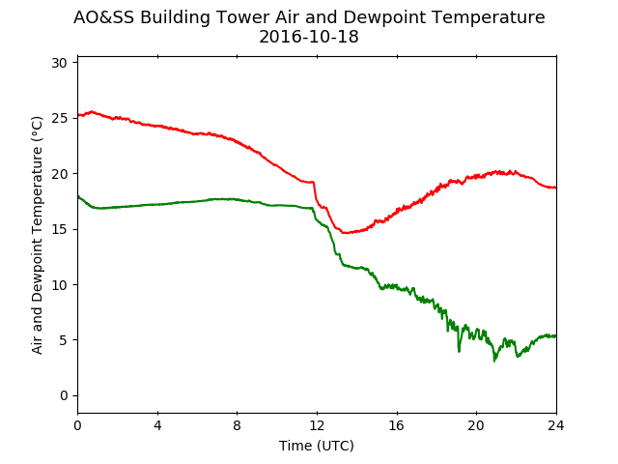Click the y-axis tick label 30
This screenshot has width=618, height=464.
click(x=59, y=63)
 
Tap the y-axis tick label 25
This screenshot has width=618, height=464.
click(x=59, y=118)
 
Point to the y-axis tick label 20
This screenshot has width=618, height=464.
click(x=59, y=174)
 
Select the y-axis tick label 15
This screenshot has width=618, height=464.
click(x=59, y=229)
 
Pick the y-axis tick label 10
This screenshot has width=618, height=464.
click(x=59, y=285)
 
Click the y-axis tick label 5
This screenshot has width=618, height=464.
click(x=64, y=340)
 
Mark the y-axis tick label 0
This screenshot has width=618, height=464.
click(x=64, y=395)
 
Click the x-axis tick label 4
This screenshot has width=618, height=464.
click(x=157, y=425)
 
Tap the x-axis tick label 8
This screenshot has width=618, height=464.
click(x=238, y=425)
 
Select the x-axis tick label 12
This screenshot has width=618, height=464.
click(x=317, y=425)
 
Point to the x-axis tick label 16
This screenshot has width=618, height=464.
click(x=397, y=425)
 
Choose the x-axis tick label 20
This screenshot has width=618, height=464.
click(x=476, y=425)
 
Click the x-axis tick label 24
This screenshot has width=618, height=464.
click(x=556, y=425)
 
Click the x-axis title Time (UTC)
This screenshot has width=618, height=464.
click(x=317, y=446)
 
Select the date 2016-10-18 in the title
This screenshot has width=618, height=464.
click(x=309, y=37)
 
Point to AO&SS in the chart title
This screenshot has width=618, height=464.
click(x=104, y=17)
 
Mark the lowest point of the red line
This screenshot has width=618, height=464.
click(x=345, y=233)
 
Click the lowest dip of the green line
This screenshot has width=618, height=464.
click(x=494, y=361)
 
